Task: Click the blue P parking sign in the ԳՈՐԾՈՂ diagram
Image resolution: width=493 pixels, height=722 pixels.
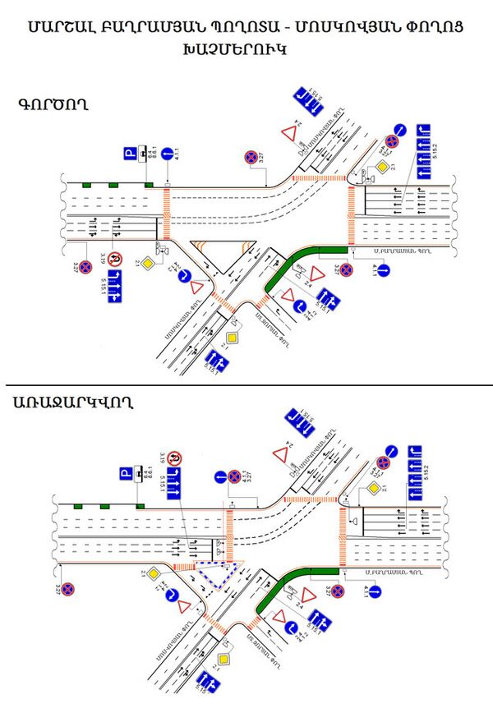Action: coord(127,153)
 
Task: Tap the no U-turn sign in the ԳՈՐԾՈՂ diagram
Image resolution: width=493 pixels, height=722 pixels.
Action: coord(117,260)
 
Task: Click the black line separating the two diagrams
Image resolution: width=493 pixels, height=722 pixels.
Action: coord(246,385)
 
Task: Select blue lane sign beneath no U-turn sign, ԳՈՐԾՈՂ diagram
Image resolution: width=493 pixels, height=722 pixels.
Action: coord(116,286)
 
